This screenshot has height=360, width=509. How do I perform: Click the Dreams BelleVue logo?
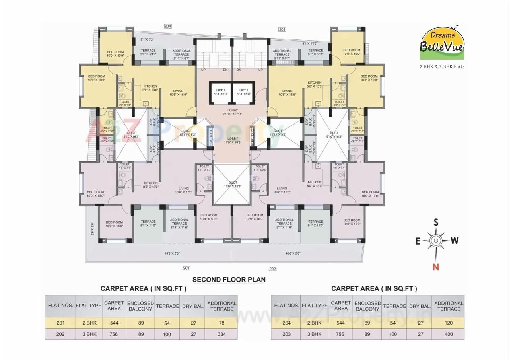pyautogui.click(x=442, y=43)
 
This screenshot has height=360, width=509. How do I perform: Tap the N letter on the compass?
pyautogui.click(x=436, y=267)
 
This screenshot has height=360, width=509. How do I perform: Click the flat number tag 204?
pyautogui.click(x=167, y=26)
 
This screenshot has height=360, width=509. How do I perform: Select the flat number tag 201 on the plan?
pyautogui.click(x=282, y=29)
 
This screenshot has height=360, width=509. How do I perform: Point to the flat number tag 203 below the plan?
pyautogui.click(x=186, y=268)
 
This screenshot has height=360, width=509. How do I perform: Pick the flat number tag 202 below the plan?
pyautogui.click(x=272, y=269)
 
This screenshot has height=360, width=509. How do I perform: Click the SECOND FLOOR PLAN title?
pyautogui.click(x=229, y=279)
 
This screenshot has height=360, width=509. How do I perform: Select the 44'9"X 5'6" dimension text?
pyautogui.click(x=172, y=253)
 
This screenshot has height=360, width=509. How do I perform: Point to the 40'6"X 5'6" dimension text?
pyautogui.click(x=293, y=253)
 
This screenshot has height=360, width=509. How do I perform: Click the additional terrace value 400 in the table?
pyautogui.click(x=449, y=334)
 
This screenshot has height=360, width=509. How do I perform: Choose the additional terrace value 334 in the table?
pyautogui.click(x=221, y=334)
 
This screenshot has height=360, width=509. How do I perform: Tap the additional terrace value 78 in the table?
pyautogui.click(x=221, y=323)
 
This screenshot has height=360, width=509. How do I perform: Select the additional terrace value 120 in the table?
pyautogui.click(x=449, y=323)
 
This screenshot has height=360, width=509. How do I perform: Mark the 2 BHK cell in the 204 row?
pyautogui.click(x=314, y=323)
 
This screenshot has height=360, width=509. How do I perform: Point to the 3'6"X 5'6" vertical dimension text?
pyautogui.click(x=92, y=228)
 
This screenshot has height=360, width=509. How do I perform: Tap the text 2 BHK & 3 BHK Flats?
pyautogui.click(x=442, y=66)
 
